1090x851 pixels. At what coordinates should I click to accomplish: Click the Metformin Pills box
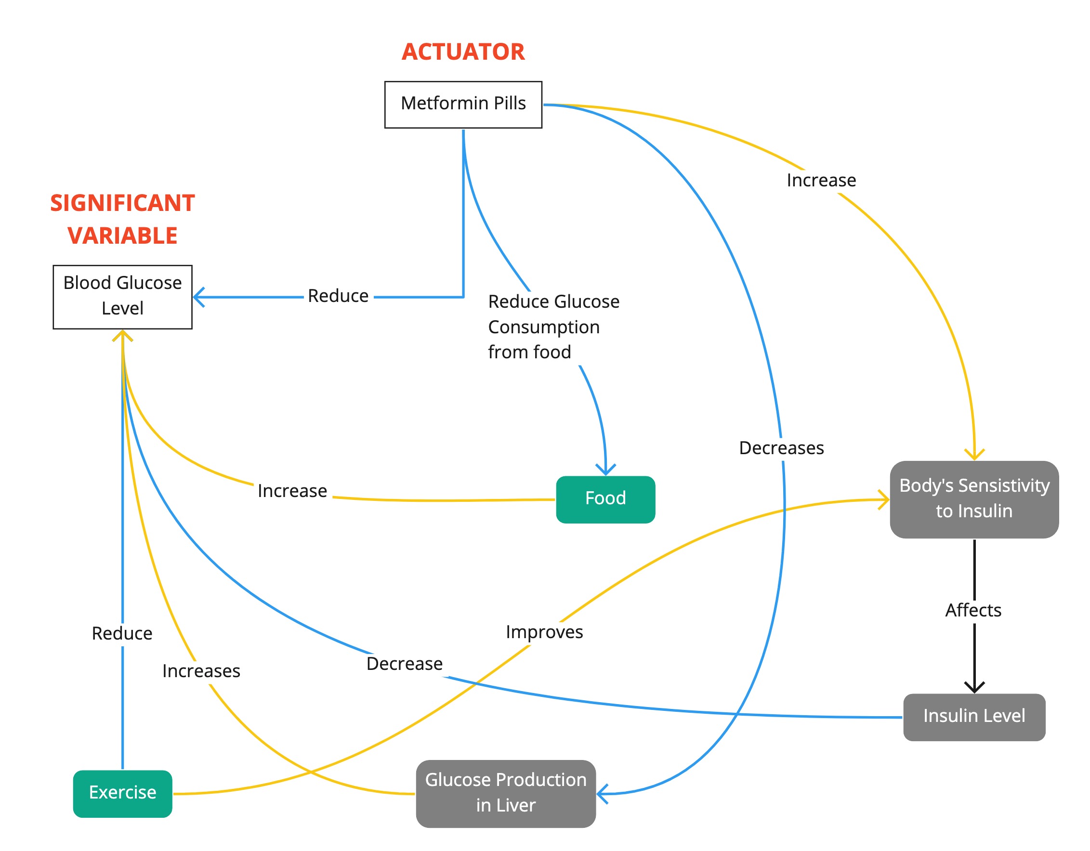(463, 105)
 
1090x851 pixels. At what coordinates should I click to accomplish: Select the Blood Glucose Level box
(123, 297)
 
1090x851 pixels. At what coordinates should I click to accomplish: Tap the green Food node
(605, 499)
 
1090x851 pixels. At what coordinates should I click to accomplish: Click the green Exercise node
(123, 794)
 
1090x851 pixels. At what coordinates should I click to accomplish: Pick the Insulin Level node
(974, 717)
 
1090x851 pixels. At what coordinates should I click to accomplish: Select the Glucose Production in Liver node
(506, 794)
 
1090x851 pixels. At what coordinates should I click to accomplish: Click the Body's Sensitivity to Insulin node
(974, 499)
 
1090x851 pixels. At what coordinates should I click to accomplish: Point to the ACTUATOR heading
(463, 52)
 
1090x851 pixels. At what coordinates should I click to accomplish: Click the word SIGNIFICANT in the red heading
(123, 203)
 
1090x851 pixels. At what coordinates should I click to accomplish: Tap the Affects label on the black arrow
(973, 610)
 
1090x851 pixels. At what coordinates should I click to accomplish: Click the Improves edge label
(544, 632)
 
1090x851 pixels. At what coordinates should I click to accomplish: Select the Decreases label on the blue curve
(782, 448)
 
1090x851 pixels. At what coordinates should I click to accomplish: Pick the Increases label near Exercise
(201, 671)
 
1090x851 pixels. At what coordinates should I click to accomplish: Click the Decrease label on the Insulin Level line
(405, 664)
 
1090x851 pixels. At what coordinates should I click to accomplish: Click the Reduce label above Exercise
(122, 634)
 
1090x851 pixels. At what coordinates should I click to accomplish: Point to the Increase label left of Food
(292, 491)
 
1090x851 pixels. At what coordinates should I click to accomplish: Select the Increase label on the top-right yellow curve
(822, 180)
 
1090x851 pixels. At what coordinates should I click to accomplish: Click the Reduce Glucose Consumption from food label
(554, 327)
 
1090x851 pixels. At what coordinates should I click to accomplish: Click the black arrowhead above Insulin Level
(974, 688)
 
